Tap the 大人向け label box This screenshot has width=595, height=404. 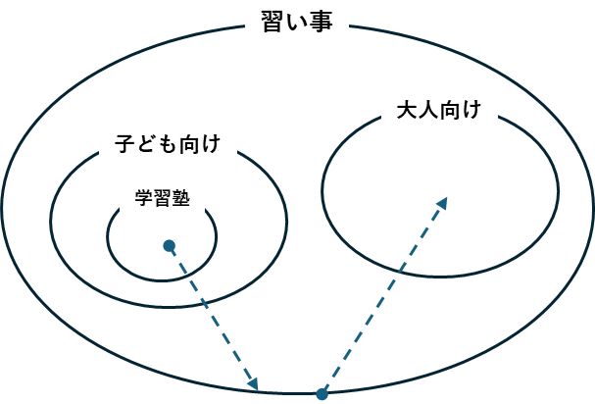click(439, 111)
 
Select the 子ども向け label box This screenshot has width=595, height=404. click(169, 145)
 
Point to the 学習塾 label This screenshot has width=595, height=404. click(163, 199)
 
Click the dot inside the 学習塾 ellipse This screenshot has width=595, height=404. click(169, 245)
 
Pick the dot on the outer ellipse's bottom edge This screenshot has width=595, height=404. click(322, 394)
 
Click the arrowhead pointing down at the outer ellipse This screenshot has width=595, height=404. click(253, 383)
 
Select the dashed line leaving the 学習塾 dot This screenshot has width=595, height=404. click(211, 315)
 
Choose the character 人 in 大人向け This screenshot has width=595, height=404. click(428, 110)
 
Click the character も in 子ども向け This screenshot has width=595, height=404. click(169, 145)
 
